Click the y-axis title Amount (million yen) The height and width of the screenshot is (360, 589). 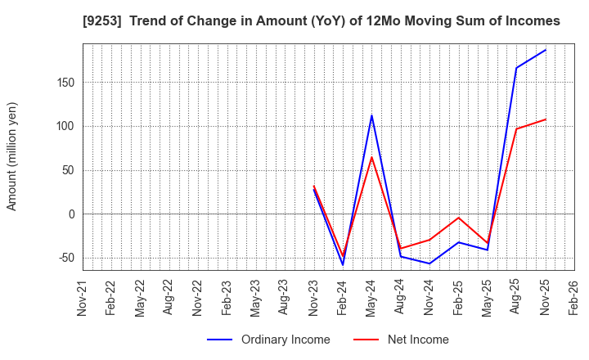tap(11, 156)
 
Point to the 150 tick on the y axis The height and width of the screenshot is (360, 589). tap(65, 83)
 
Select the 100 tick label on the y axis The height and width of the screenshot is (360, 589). tap(65, 126)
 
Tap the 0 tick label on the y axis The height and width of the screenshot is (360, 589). tap(72, 214)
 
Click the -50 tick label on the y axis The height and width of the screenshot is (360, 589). tap(65, 258)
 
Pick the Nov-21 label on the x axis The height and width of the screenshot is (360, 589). tap(82, 298)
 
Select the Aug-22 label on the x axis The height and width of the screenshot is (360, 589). tap(169, 298)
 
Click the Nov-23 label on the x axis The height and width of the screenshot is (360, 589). tap(313, 298)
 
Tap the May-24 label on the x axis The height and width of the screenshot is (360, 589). tap(371, 298)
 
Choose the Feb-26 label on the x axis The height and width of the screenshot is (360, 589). tap(574, 298)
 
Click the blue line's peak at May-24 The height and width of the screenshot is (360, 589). tap(371, 115)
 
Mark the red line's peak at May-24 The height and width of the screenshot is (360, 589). tap(371, 157)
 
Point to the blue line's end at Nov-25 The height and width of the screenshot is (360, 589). tap(546, 50)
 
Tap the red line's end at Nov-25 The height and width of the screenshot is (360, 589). tap(546, 119)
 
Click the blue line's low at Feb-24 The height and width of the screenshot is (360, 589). tap(343, 264)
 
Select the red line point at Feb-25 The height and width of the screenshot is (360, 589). tap(459, 218)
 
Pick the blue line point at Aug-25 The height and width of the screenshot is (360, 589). tap(516, 68)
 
